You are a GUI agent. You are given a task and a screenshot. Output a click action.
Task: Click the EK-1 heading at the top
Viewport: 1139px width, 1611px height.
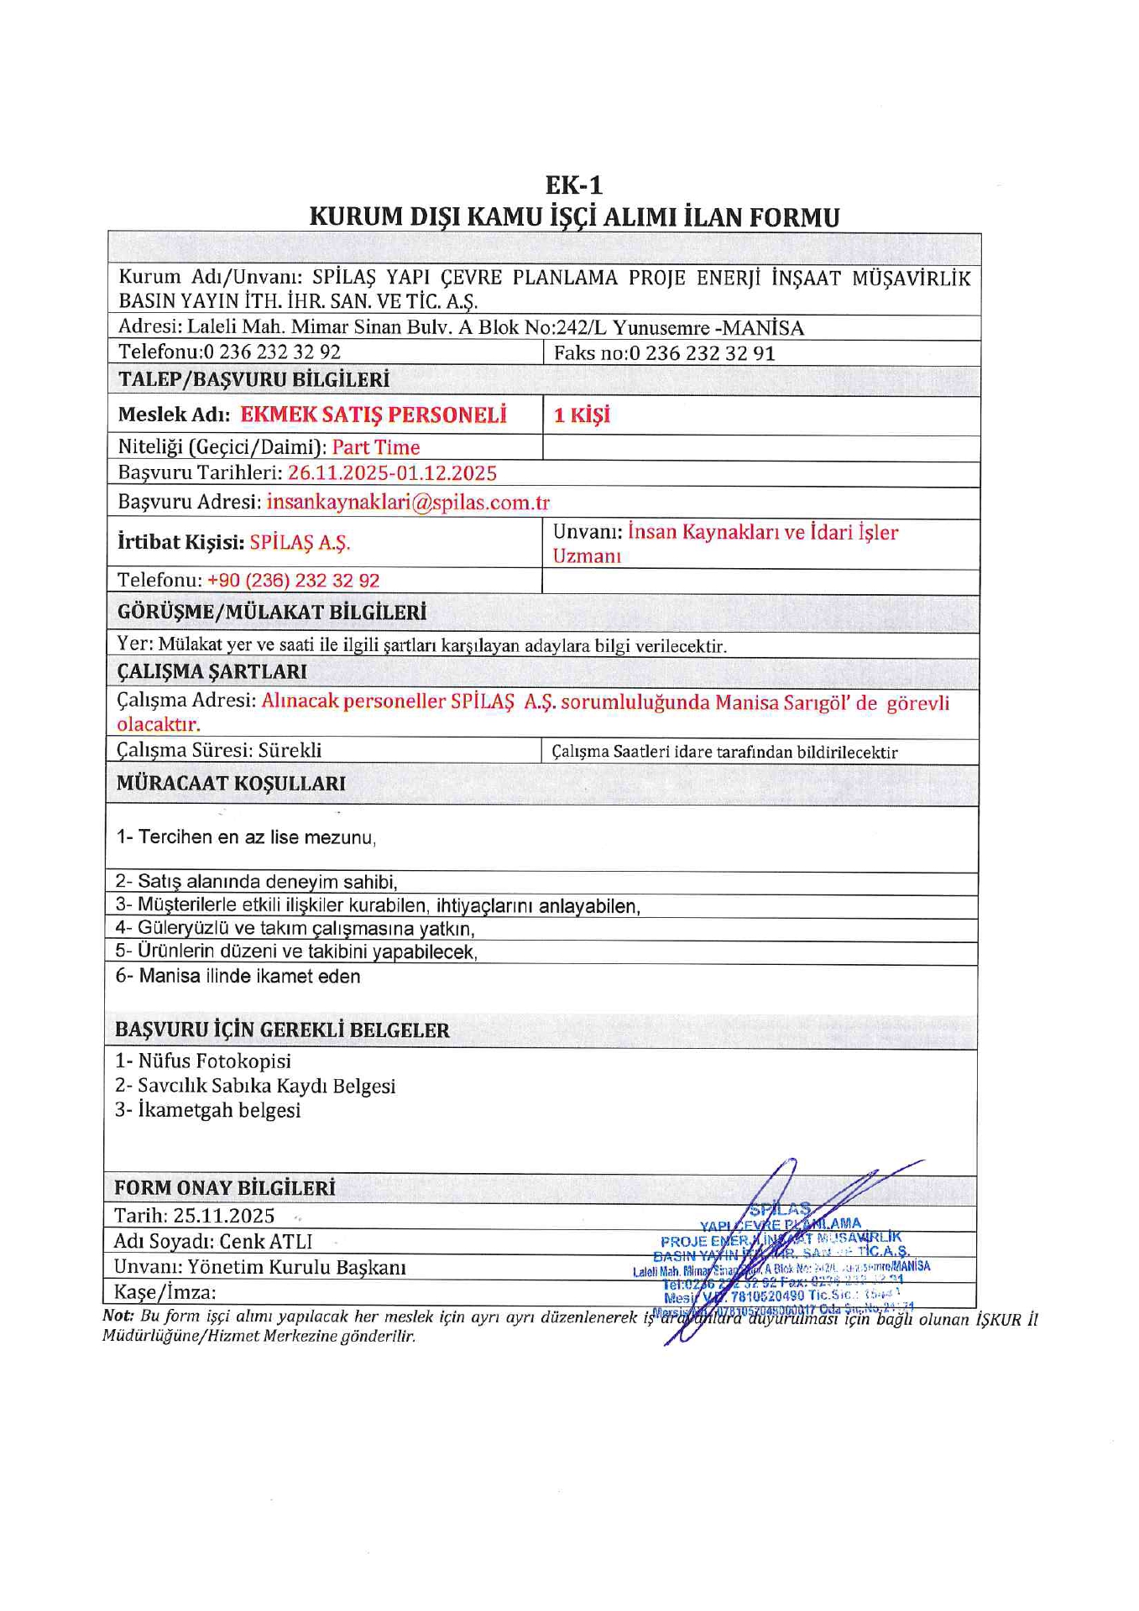(x=573, y=185)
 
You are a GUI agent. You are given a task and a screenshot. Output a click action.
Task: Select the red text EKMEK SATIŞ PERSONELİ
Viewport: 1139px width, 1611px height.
(x=374, y=415)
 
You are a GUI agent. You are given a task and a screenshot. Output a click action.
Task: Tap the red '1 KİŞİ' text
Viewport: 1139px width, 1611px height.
(x=582, y=415)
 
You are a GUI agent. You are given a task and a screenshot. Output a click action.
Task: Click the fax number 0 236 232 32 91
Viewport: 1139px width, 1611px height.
(x=702, y=353)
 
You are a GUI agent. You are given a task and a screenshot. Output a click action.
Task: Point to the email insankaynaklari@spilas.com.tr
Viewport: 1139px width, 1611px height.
(x=408, y=503)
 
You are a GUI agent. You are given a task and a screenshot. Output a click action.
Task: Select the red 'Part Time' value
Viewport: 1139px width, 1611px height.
(x=376, y=447)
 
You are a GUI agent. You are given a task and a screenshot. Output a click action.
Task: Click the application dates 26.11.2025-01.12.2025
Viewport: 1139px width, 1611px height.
(x=392, y=473)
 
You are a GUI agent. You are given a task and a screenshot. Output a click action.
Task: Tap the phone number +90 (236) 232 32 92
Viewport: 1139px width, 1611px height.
(x=293, y=581)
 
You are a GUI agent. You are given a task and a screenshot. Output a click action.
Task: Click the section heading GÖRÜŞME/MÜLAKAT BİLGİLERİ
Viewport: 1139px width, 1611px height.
(x=272, y=613)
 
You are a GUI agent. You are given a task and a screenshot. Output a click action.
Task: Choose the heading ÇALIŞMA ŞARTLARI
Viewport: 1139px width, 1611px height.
(x=212, y=672)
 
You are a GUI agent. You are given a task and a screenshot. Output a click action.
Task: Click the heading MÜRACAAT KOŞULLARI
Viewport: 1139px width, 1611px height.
(x=231, y=784)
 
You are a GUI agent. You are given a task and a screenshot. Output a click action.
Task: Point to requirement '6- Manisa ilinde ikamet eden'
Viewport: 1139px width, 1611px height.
(x=238, y=977)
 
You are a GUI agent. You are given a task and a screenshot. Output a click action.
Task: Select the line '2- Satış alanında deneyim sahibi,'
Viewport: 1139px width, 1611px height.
(x=256, y=882)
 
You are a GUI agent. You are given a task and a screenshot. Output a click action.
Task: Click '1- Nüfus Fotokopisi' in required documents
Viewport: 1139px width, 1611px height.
(x=203, y=1061)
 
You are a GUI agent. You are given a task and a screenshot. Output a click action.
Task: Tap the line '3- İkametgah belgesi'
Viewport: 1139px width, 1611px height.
(x=207, y=1111)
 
